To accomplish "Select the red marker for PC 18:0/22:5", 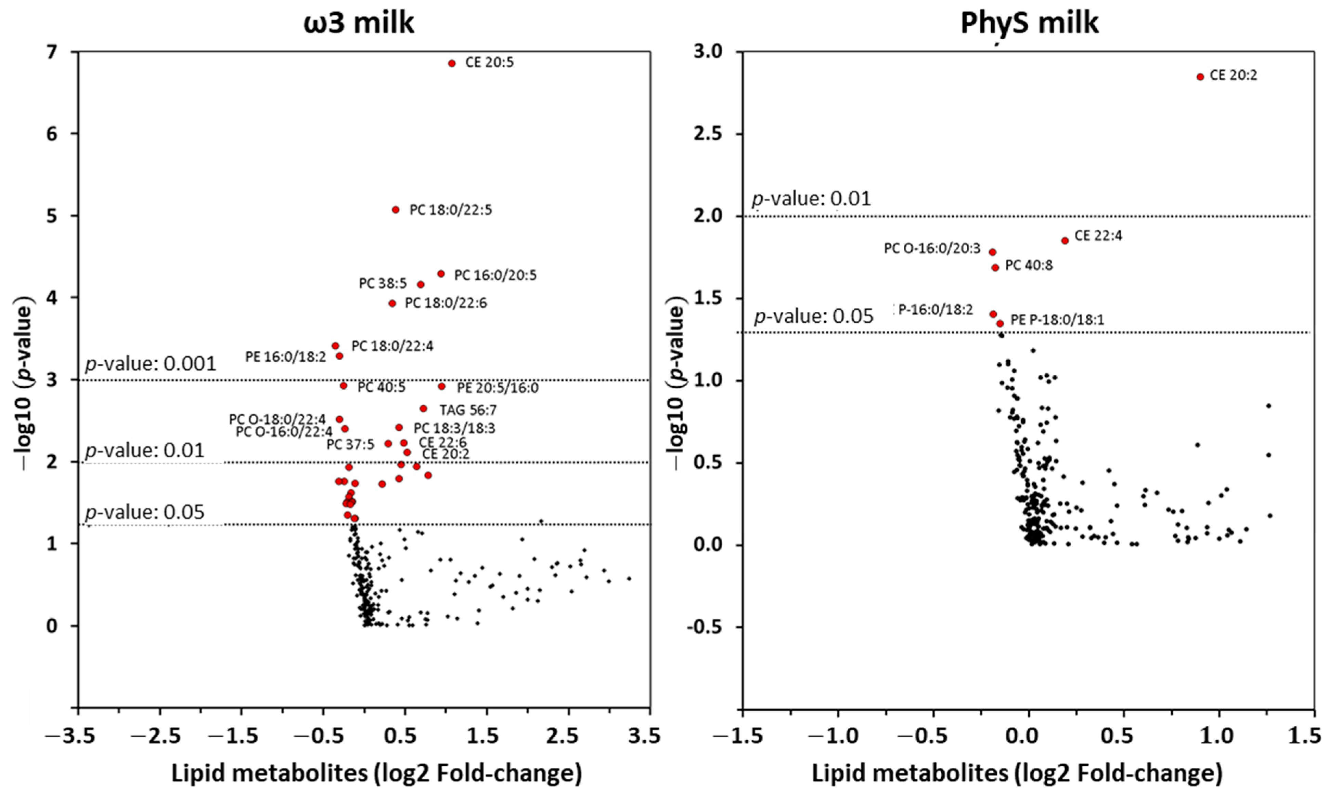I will [x=395, y=210].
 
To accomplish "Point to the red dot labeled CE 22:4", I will [x=1065, y=241].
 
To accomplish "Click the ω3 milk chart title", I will [x=359, y=24].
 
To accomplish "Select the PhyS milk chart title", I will [x=1029, y=24].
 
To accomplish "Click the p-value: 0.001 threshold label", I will [x=151, y=364].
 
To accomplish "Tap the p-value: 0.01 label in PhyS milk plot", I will [x=811, y=199].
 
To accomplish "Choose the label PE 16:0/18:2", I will [x=285, y=357].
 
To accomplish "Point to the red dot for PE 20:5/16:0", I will [x=441, y=386].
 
